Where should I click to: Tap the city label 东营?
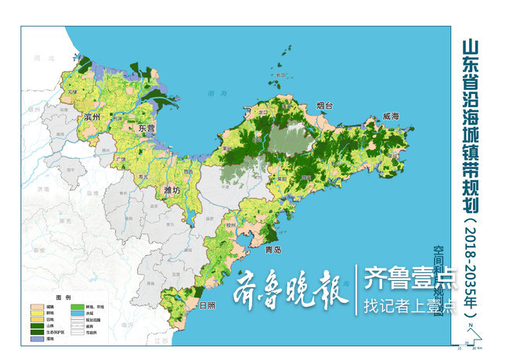click(x=146, y=128)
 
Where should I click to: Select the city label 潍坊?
click(x=171, y=189)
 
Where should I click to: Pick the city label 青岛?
click(x=273, y=250)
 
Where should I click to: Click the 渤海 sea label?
click(x=212, y=93)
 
